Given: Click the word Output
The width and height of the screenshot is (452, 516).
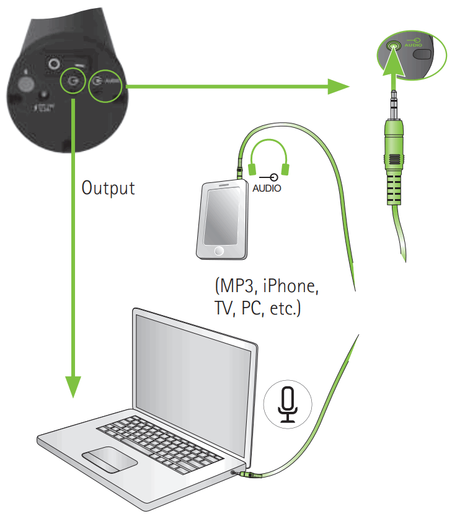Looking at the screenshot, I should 108,187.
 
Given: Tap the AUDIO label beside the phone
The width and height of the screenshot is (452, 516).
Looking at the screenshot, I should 266,188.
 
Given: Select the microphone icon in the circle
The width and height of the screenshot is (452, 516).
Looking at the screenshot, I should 286,404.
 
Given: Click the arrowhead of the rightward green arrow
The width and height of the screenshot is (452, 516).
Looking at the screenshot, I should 338,86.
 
